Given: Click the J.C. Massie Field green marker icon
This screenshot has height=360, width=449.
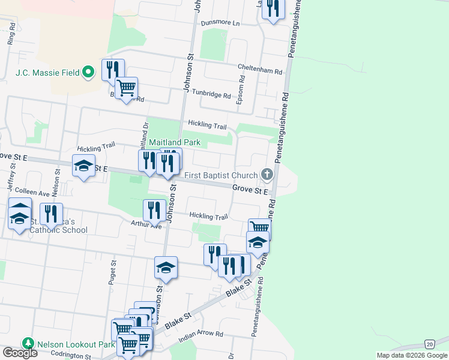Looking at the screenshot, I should tap(89, 73).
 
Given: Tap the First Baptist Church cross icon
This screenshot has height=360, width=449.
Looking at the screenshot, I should tap(267, 175).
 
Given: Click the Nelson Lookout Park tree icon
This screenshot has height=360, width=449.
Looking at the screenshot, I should tap(28, 344).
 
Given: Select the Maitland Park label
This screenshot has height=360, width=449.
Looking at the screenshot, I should tap(175, 142).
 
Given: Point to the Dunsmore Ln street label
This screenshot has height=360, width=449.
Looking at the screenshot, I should tap(220, 23).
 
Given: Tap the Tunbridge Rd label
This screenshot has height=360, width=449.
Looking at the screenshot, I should tap(211, 95).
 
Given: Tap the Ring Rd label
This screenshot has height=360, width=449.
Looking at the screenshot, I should tap(10, 38).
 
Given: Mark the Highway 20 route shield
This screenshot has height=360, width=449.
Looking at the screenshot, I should tap(429, 344).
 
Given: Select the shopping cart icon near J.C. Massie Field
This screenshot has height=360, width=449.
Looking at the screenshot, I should tap(126, 88).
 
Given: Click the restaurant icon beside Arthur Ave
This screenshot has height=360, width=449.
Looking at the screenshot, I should tap(154, 210).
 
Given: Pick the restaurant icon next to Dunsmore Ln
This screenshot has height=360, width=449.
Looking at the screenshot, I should tap(273, 9).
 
